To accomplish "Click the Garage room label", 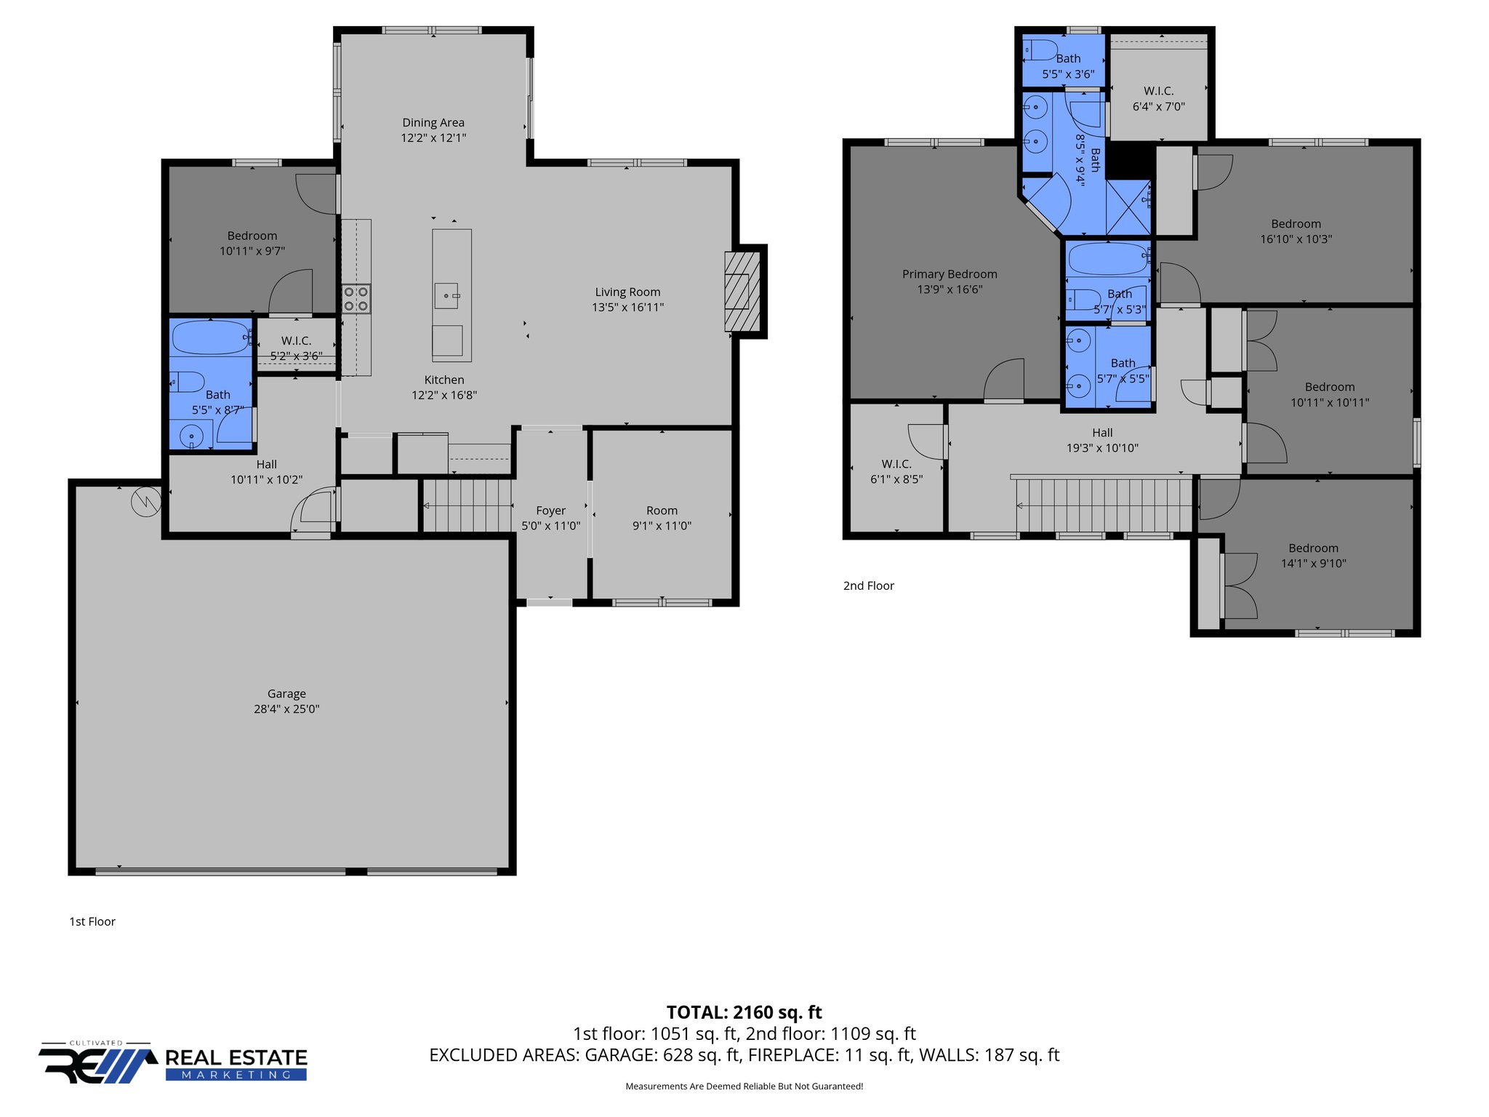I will point(286,694).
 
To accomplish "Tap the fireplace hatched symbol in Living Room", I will point(742,292).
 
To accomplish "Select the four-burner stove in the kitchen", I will point(356,299).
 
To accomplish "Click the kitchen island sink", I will point(446,296).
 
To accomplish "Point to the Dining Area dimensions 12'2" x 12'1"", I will point(433,138).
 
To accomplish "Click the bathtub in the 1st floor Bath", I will point(210,337).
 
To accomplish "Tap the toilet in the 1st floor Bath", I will point(188,382).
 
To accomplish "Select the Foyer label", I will point(550,511).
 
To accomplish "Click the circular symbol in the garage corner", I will point(146,502).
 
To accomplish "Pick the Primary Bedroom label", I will point(950,274).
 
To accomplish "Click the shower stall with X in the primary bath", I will point(1128,207).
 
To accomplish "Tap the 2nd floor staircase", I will point(1104,505).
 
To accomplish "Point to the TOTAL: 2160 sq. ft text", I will point(744,1012).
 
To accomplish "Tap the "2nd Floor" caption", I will point(868,586).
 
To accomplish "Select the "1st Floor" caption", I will point(92,921).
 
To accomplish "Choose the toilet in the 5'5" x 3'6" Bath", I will point(1041,50).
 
